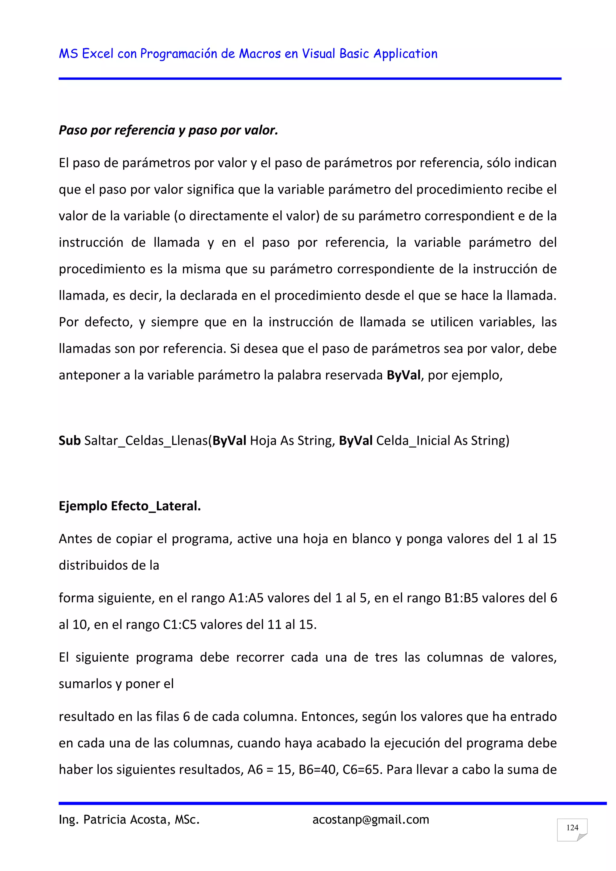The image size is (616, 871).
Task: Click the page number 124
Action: tap(572, 827)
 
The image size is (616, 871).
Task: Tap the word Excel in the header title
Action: tap(98, 54)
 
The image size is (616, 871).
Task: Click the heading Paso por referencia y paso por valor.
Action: tap(168, 130)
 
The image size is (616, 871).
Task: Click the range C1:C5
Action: tap(180, 624)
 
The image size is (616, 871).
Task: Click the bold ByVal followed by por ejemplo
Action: tap(404, 375)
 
